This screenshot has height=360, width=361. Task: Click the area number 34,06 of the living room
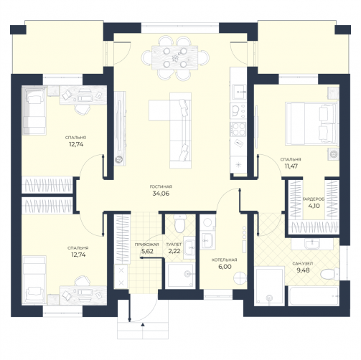pos(161,194)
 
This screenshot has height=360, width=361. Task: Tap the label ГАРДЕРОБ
pos(314,199)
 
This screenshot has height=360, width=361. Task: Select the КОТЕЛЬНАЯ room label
pos(224,260)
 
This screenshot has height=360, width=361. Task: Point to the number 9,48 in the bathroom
pos(303,270)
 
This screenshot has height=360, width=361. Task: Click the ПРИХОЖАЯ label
pos(147,245)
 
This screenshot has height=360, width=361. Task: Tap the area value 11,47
pos(291,166)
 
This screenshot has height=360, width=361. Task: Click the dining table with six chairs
pos(175,57)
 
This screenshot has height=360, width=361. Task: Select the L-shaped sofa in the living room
pos(170,131)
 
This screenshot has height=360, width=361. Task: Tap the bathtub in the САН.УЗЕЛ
pos(314,295)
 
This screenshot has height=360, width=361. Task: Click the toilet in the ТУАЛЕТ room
pos(180,223)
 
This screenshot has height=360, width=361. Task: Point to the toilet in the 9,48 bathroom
pos(329,274)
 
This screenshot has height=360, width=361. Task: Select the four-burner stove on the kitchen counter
pos(238,129)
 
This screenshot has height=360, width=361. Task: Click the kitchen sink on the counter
pos(238,92)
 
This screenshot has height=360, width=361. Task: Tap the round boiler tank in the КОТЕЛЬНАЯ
pos(240,278)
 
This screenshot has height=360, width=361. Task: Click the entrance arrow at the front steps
pos(143,324)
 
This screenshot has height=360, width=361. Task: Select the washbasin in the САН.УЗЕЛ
pos(312,244)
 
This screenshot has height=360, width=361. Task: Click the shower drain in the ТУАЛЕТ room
pos(187,273)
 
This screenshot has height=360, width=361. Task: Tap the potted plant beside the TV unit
pos(119,159)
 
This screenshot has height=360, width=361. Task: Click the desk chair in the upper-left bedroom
pos(82,110)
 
